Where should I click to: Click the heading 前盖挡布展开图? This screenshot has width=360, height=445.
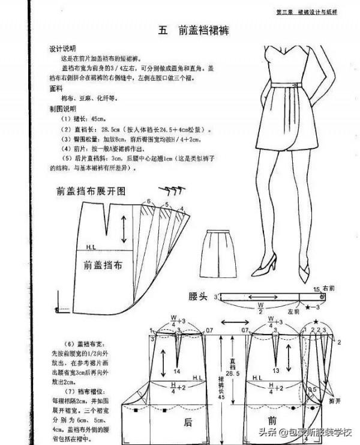pyautogui.click(x=91, y=191)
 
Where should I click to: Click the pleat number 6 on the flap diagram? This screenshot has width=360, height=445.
pyautogui.click(x=148, y=201)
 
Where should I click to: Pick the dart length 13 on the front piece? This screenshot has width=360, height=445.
pyautogui.click(x=275, y=371)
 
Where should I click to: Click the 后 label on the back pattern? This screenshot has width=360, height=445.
pyautogui.click(x=188, y=422)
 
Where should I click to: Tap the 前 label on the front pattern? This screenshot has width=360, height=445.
pyautogui.click(x=272, y=422)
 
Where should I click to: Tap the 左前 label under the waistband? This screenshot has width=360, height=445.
pyautogui.click(x=293, y=311)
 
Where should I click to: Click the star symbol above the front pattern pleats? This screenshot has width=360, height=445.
pyautogui.click(x=316, y=322)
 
